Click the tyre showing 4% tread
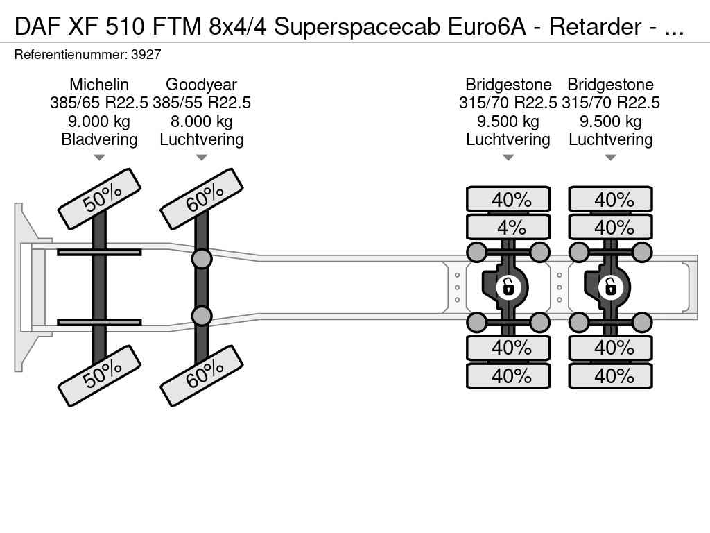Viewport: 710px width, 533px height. pyautogui.click(x=508, y=227)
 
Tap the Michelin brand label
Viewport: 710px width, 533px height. pyautogui.click(x=99, y=84)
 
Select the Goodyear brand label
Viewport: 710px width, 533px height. pyautogui.click(x=202, y=84)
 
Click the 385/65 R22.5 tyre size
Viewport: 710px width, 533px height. pyautogui.click(x=99, y=103)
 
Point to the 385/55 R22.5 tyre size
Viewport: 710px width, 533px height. pyautogui.click(x=202, y=103)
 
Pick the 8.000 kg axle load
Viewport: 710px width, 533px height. pyautogui.click(x=202, y=121)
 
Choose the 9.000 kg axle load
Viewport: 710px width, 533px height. pyautogui.click(x=99, y=121)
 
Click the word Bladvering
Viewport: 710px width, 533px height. pyautogui.click(x=99, y=139)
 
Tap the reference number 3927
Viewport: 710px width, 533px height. pyautogui.click(x=146, y=55)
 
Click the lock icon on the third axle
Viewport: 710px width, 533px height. pyautogui.click(x=508, y=287)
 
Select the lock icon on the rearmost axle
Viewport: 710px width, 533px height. pyautogui.click(x=610, y=287)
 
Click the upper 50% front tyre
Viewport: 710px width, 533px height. pyautogui.click(x=99, y=199)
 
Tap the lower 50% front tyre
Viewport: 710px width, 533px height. pyautogui.click(x=99, y=375)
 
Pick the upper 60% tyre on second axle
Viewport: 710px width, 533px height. pyautogui.click(x=202, y=199)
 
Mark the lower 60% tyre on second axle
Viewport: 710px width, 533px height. pyautogui.click(x=202, y=375)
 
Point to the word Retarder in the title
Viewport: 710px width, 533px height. pyautogui.click(x=596, y=27)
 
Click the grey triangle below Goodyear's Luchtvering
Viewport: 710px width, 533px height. pyautogui.click(x=202, y=158)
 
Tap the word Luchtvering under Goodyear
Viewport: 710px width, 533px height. pyautogui.click(x=202, y=139)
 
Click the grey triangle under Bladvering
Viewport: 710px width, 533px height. pyautogui.click(x=99, y=158)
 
